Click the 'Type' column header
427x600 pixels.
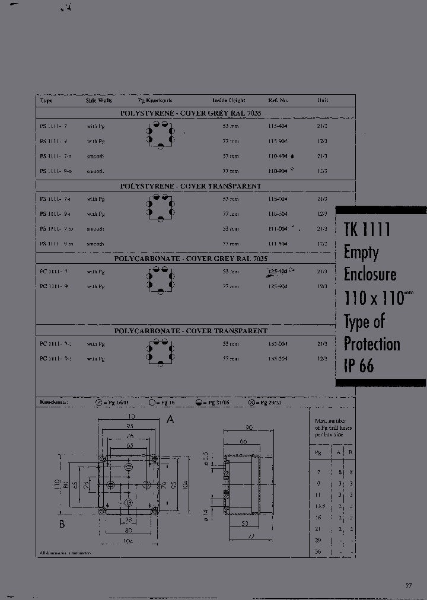[46, 100]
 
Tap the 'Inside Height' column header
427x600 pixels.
[228, 100]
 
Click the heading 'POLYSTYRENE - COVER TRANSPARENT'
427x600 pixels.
[190, 186]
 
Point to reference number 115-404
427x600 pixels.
[277, 127]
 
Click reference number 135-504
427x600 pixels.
[277, 359]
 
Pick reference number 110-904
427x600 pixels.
[277, 171]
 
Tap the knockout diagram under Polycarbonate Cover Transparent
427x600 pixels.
[159, 351]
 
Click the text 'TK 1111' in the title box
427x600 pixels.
[367, 229]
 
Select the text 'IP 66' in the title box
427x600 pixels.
[359, 366]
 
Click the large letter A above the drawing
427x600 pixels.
[170, 419]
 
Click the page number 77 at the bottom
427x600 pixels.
[409, 586]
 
